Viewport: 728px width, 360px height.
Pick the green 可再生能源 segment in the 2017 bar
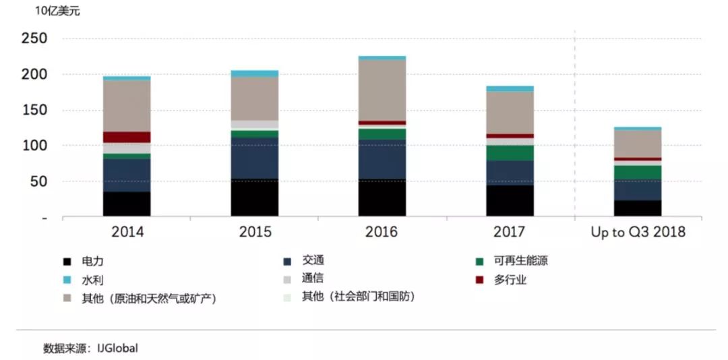tap(510, 153)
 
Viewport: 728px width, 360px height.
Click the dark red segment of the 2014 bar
tap(127, 137)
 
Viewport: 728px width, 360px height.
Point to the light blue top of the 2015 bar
tap(254, 73)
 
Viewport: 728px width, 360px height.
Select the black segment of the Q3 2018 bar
tap(638, 208)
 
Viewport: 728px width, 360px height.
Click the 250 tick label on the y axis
tap(34, 39)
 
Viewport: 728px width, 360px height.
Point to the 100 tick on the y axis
tap(34, 146)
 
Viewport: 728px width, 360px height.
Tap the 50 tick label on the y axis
tap(38, 182)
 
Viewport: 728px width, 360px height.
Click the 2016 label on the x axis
tap(382, 233)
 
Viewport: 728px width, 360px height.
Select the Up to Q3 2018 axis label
tap(638, 233)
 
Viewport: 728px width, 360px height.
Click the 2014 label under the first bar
tap(127, 233)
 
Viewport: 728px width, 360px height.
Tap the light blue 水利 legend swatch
tap(67, 280)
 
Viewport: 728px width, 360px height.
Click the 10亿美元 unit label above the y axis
tap(57, 11)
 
